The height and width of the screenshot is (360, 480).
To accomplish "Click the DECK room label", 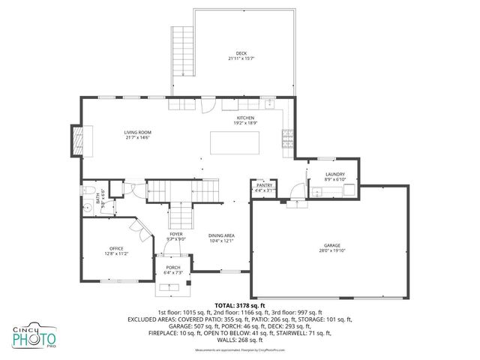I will coord(241,53).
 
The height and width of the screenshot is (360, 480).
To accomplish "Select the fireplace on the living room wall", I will coord(76,140).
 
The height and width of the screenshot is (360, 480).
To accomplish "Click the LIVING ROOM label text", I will coord(139,133).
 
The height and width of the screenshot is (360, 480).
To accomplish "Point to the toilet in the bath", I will coord(87,188).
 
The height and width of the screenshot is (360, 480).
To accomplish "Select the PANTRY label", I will coord(264,184).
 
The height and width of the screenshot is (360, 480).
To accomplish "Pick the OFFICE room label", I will coord(116,249).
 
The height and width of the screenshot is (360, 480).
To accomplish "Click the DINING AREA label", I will coord(222,235).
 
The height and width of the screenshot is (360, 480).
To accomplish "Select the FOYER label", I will coord(176,234).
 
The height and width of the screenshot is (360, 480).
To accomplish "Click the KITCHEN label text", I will coord(246,118).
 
